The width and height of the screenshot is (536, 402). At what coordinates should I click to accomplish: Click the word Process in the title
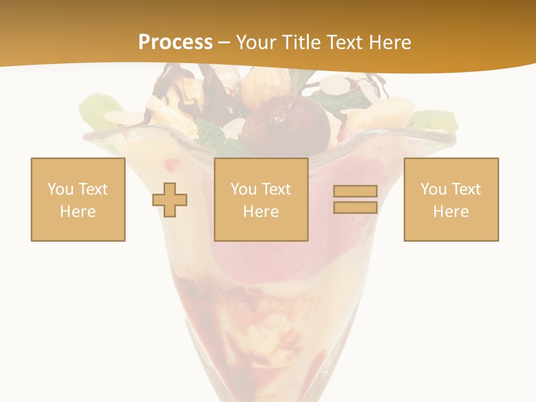(x=175, y=42)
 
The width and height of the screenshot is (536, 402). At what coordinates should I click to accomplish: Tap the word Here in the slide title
(x=389, y=42)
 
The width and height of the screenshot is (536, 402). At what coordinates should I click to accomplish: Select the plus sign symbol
(x=170, y=199)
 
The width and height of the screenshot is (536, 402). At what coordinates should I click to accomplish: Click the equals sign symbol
(x=355, y=199)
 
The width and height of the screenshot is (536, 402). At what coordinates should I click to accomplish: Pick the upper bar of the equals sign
(x=355, y=192)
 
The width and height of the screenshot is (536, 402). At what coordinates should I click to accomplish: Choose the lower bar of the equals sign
(x=355, y=207)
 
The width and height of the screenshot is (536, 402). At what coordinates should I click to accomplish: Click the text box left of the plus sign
(x=78, y=199)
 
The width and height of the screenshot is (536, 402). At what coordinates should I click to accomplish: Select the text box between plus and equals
(x=261, y=199)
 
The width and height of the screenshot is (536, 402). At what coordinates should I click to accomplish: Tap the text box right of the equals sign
(x=451, y=199)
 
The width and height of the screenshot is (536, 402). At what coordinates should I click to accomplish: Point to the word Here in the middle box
(x=261, y=212)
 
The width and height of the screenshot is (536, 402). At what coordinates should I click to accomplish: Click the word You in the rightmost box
(x=433, y=189)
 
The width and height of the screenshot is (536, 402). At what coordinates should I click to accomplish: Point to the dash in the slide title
(x=224, y=42)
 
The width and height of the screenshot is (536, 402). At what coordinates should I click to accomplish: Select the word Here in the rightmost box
(x=451, y=212)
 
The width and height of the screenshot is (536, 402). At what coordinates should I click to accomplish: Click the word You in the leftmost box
(x=60, y=189)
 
